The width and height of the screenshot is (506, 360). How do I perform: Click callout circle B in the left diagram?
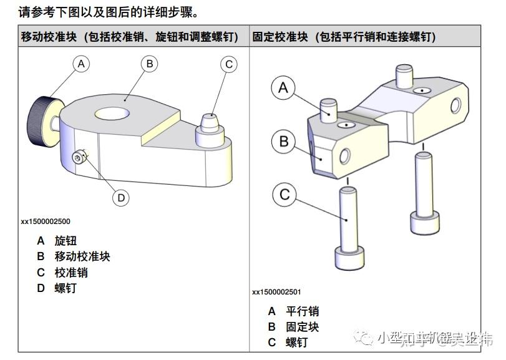tap(148, 63)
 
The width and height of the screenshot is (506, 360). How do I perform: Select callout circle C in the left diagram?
tap(229, 64)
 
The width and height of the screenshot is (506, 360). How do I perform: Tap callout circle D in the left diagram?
tap(121, 198)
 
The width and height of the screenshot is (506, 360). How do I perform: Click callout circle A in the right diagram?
tap(283, 88)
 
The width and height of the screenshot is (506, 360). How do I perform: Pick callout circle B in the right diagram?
tap(284, 141)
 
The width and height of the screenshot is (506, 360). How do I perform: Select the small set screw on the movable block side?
tap(78, 158)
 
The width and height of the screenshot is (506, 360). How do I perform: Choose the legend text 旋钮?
tap(66, 241)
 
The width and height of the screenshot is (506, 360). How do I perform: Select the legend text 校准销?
tap(71, 273)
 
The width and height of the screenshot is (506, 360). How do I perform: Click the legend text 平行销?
tap(302, 311)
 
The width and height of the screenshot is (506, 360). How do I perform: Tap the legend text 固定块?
tap(302, 327)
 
